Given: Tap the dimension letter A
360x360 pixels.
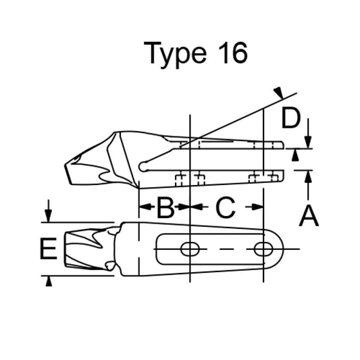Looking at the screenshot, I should coord(308,217).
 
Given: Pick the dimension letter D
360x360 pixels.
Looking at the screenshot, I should coord(290,119).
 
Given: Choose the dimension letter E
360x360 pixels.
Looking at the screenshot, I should coord(47,249).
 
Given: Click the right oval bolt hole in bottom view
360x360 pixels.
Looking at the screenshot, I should coord(262,250).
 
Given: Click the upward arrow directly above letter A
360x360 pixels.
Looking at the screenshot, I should coord(308,176).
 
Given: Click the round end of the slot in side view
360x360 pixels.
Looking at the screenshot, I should coord(143,165).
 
